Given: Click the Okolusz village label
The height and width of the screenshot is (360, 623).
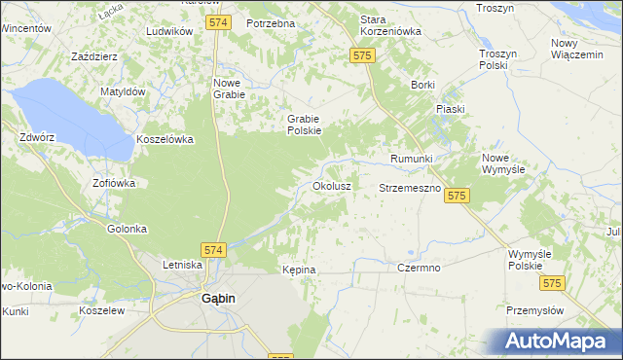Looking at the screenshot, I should click(x=331, y=185).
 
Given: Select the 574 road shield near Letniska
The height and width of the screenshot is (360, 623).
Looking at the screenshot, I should click(x=214, y=250).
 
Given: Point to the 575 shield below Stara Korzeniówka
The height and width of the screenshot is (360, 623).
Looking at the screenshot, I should click(x=361, y=57).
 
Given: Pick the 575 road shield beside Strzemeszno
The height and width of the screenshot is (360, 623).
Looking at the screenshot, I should click(x=457, y=197).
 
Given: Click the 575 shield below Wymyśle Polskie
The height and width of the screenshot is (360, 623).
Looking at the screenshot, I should click(x=552, y=283).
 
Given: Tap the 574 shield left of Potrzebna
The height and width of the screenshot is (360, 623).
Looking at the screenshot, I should click(x=220, y=21).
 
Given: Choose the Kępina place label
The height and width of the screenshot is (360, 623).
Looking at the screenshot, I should click(x=299, y=270).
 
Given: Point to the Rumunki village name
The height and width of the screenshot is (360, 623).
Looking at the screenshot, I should click(x=411, y=159).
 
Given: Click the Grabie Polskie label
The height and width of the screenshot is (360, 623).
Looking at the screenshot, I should click(x=304, y=125).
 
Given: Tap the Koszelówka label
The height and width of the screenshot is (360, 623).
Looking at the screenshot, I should click(x=165, y=139).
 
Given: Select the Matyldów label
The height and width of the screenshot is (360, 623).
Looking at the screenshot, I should click(x=123, y=91).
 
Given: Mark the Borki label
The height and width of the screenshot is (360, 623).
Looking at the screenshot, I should click(x=422, y=86).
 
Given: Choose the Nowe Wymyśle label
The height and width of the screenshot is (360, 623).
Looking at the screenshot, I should click(x=503, y=162).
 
